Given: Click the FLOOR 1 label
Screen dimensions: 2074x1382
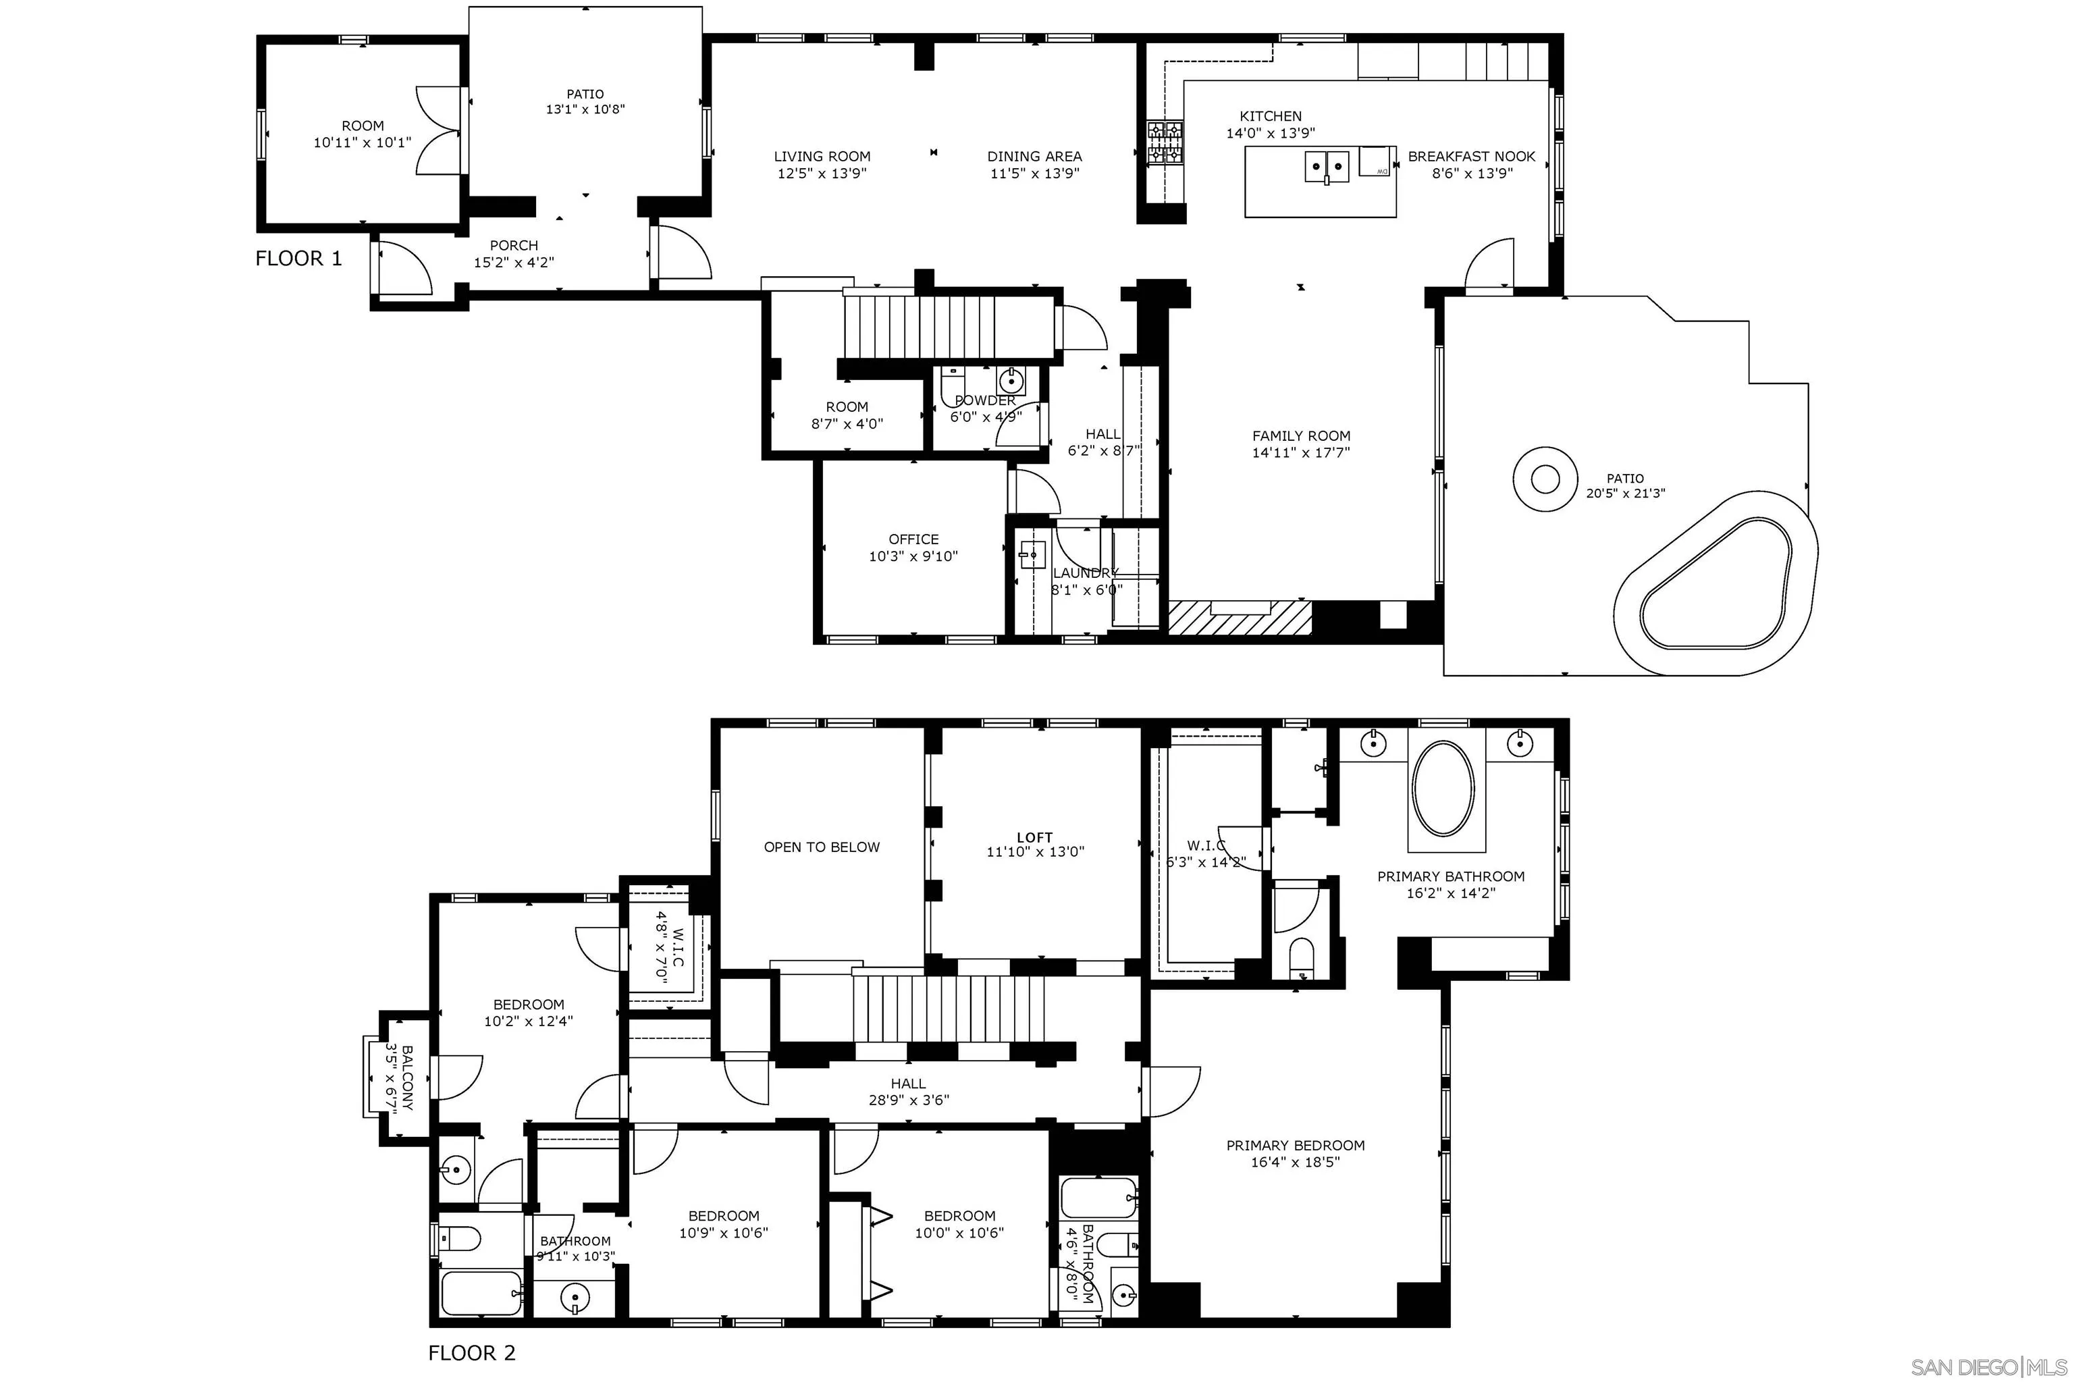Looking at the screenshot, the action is point(298,259).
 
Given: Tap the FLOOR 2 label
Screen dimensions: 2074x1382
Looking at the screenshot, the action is point(471,1352).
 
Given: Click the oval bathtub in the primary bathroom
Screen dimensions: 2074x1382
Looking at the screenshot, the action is point(1443,787).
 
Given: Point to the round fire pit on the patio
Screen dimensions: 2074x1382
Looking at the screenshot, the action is point(1544,479).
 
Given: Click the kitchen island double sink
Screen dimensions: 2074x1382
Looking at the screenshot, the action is point(1327,165).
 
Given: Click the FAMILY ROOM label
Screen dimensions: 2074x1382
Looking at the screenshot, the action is point(1301,435).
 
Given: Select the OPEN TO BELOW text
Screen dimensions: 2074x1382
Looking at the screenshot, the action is point(822,847).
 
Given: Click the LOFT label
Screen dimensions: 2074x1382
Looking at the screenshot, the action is point(1035,837).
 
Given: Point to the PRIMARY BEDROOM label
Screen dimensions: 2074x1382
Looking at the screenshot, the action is point(1295,1145).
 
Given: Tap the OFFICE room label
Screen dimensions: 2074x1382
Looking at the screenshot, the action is point(913,539).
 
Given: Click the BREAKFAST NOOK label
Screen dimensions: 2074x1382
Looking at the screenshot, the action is point(1471,156).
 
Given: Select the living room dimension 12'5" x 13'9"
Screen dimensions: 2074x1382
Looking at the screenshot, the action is point(822,174).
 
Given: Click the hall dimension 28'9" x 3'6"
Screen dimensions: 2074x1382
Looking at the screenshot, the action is point(908,1099).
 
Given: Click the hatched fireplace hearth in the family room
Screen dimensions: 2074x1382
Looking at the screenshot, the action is point(1240,617).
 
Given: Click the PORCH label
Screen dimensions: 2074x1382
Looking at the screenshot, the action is point(514,245).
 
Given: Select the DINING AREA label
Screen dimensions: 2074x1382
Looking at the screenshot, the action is point(1034,156).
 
